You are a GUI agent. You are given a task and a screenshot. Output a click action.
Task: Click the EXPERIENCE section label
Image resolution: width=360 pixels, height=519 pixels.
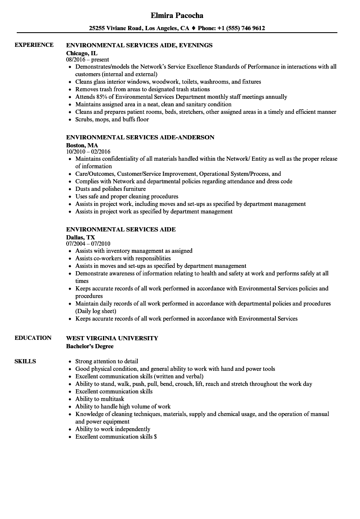34,45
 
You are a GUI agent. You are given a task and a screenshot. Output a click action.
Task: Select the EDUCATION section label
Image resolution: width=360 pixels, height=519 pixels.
33,338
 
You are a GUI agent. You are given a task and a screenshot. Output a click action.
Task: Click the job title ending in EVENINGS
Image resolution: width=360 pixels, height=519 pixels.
139,45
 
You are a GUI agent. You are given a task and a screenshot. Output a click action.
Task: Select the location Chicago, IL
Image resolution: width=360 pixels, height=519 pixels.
82,53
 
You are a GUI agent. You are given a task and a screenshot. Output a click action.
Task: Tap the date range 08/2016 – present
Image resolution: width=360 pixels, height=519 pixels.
88,59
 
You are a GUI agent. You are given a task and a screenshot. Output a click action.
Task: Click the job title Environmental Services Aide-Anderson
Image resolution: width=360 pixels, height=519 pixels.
140,137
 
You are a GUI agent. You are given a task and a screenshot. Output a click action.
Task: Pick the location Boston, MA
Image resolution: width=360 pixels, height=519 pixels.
82,145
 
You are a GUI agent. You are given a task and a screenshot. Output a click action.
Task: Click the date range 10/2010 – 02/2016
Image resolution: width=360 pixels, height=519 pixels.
88,152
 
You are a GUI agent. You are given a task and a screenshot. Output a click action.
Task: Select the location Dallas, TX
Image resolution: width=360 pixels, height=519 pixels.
81,237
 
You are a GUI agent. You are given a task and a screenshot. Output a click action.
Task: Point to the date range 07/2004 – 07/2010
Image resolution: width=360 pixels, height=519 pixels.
88,244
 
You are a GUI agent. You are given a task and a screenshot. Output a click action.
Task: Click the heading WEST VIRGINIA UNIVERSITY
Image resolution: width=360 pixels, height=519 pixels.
112,338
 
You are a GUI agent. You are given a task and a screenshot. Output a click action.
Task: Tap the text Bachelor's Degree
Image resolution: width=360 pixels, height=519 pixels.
90,346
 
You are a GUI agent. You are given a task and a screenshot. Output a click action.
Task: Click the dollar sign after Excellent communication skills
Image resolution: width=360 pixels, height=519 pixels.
155,437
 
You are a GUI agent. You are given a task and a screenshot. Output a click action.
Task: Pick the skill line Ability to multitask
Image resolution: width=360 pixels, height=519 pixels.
100,399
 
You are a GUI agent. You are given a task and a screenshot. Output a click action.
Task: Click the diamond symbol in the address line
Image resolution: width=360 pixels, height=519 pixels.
193,28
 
